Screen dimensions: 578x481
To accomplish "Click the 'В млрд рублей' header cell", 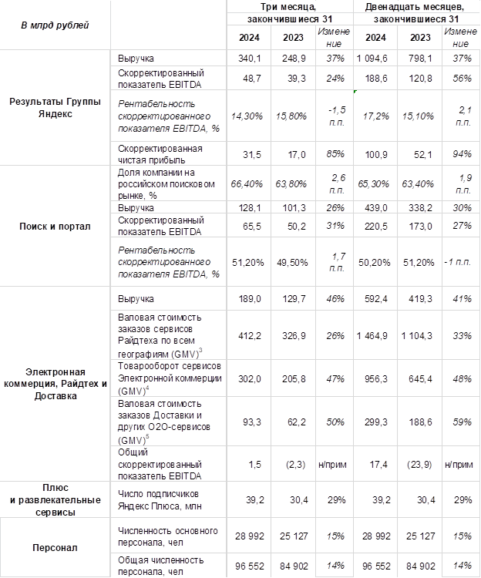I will pyautogui.click(x=54, y=25).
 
